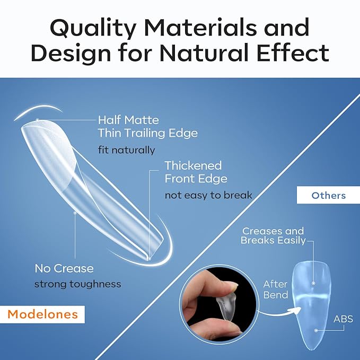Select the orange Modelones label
tap(42, 314)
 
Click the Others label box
tap(328, 196)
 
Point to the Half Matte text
tap(128, 120)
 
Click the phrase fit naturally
tap(126, 150)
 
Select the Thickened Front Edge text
tap(196, 172)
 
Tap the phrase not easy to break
tap(208, 195)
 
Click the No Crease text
tap(64, 268)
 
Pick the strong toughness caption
tap(77, 284)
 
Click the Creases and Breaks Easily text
tap(273, 235)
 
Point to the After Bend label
tap(275, 289)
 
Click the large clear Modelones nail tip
tap(90, 186)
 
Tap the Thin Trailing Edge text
tap(147, 133)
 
